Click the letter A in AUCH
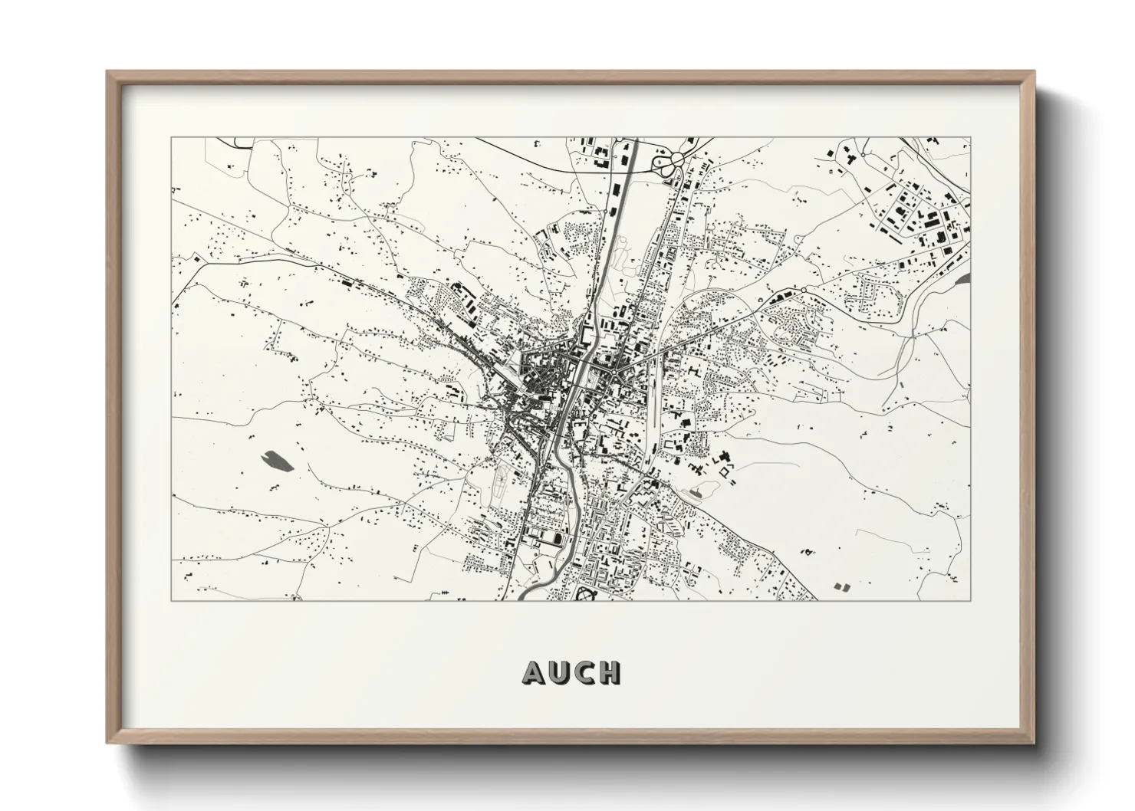click(x=534, y=672)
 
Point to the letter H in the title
click(x=609, y=672)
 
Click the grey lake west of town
click(x=275, y=460)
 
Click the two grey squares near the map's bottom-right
click(x=841, y=586)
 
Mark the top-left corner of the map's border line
click(x=172, y=138)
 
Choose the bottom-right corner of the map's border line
click(x=970, y=600)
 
